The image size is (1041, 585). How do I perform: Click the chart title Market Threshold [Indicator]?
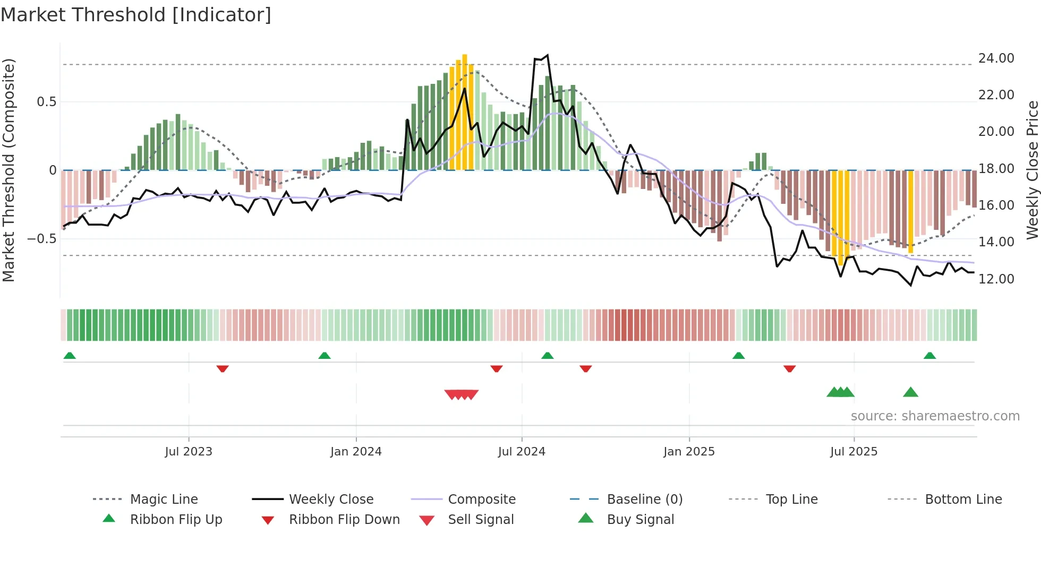tap(136, 15)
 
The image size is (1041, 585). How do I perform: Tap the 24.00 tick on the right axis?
tap(996, 58)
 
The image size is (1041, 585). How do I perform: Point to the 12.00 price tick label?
tap(996, 279)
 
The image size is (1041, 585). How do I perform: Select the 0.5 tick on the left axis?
tap(46, 101)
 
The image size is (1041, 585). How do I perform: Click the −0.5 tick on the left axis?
tap(42, 238)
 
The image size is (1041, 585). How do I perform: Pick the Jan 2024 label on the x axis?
tap(356, 452)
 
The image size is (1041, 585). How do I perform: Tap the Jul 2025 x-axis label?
tap(854, 452)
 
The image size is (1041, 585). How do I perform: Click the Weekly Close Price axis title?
tap(1032, 170)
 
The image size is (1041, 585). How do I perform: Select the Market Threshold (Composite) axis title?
tap(8, 170)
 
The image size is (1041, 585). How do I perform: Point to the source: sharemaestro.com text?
tap(935, 416)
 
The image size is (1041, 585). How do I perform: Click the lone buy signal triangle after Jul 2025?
tap(910, 392)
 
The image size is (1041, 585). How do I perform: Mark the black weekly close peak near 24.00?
tap(547, 55)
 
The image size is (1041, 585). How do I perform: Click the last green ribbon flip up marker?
tap(929, 356)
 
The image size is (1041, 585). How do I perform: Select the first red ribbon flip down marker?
tap(223, 368)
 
